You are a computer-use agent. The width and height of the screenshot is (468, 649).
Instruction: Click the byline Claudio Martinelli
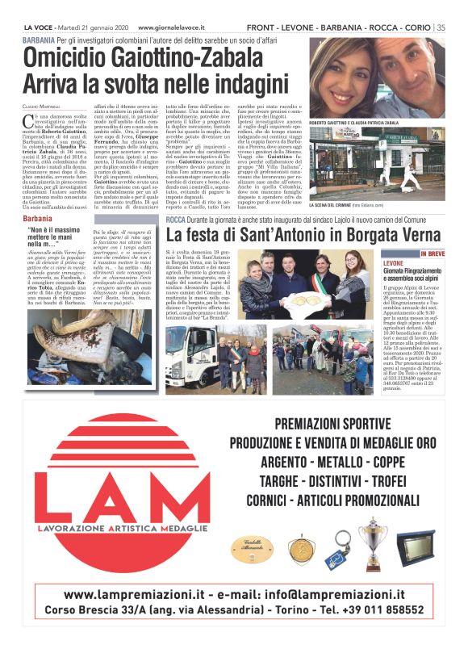(x=41, y=107)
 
